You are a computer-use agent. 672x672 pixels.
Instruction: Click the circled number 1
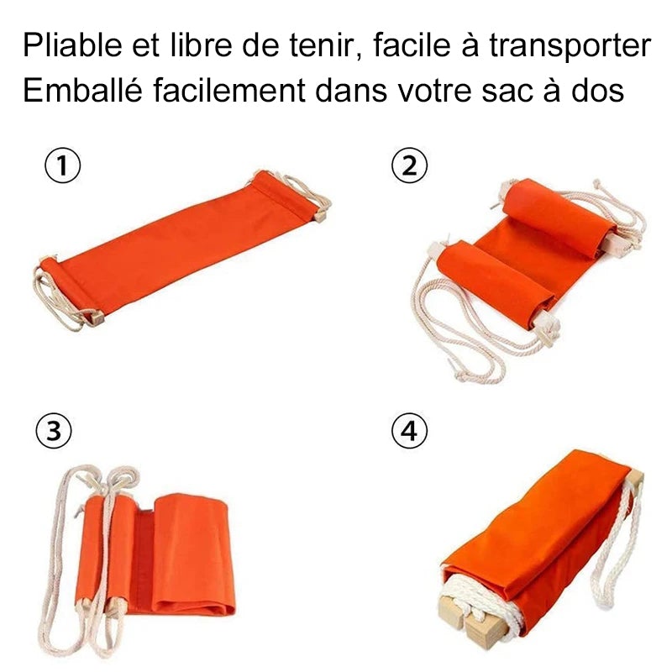62,165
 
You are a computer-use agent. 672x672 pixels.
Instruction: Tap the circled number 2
410,165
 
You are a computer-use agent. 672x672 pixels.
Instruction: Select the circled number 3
54,430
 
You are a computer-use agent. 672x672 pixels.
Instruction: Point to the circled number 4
410,430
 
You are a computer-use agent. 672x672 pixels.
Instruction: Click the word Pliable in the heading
73,45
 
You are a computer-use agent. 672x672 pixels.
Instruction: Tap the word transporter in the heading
570,45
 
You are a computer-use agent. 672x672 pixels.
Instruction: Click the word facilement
229,90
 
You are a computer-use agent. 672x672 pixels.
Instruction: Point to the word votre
433,92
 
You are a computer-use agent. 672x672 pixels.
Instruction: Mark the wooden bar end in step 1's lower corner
97,318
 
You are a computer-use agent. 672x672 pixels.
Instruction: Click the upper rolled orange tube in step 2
559,217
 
